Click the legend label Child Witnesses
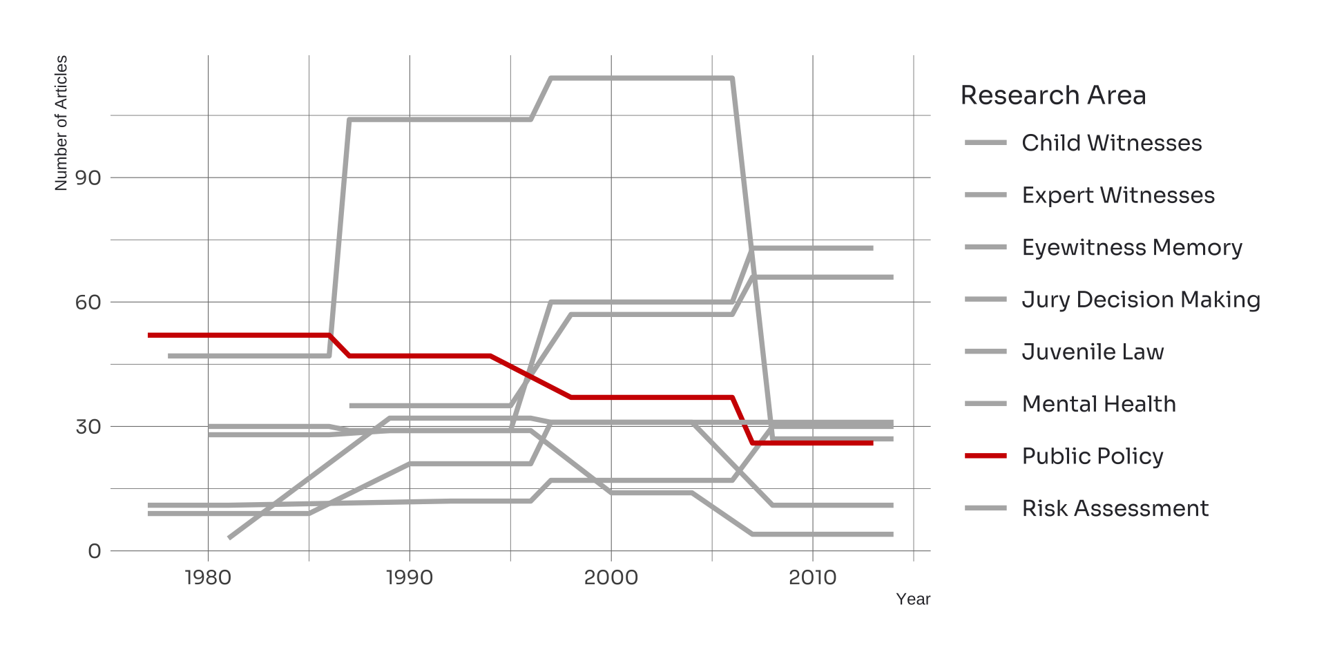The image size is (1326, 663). point(1111,143)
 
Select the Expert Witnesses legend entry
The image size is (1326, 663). point(1117,195)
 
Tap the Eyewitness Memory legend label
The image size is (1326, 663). point(1131,247)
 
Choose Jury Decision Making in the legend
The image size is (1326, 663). point(1140,300)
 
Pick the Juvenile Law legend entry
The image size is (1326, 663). point(1093,352)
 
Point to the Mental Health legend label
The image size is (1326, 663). point(1098,404)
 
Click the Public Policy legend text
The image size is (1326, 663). point(1092,457)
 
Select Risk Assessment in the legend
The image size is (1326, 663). point(1115,508)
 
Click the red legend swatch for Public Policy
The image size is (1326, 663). point(986,456)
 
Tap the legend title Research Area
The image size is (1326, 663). point(1053,95)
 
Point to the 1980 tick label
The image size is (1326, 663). point(208,577)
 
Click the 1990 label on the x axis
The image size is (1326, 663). point(410,577)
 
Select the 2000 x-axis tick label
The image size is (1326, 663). point(611,577)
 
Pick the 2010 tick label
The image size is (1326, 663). point(812,577)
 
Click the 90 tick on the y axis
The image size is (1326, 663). point(88,178)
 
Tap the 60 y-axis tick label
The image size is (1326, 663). point(88,302)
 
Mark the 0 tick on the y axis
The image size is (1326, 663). point(95,551)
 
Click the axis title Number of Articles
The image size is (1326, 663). point(61,123)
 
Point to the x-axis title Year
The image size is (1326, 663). point(912,599)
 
